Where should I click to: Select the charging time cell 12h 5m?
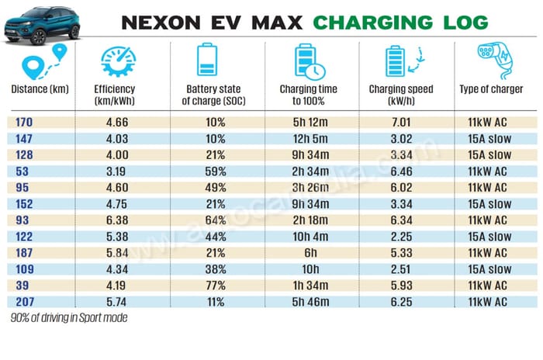pos(309,139)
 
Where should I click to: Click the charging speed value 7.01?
pos(402,122)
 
